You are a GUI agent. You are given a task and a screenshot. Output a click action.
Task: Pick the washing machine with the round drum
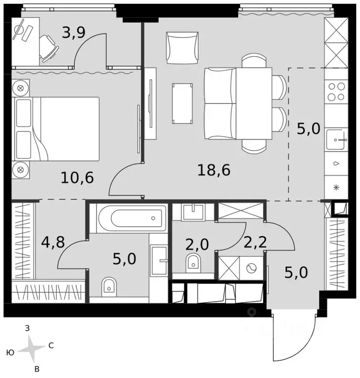251,268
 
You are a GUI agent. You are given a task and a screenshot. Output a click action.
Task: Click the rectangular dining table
254,104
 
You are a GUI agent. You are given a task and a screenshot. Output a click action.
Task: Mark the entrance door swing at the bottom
293,340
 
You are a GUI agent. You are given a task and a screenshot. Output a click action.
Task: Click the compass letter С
51,346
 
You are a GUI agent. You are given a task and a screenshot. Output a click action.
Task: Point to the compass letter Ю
10,352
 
